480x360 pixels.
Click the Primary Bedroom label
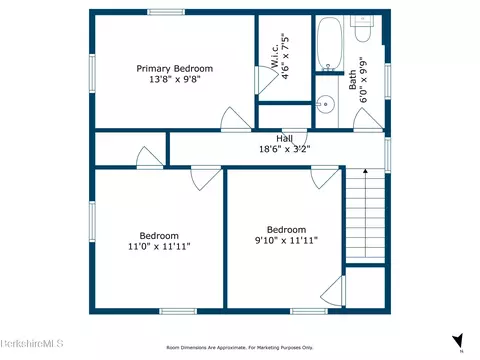coord(175,69)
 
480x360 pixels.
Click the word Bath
coord(352,79)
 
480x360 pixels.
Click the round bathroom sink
coord(324,103)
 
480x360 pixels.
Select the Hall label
coord(286,139)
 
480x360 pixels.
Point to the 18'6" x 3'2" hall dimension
coord(286,150)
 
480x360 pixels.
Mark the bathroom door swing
coord(369,119)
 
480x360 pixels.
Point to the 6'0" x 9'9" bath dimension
coord(364,79)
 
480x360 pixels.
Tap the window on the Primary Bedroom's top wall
coord(166,12)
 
